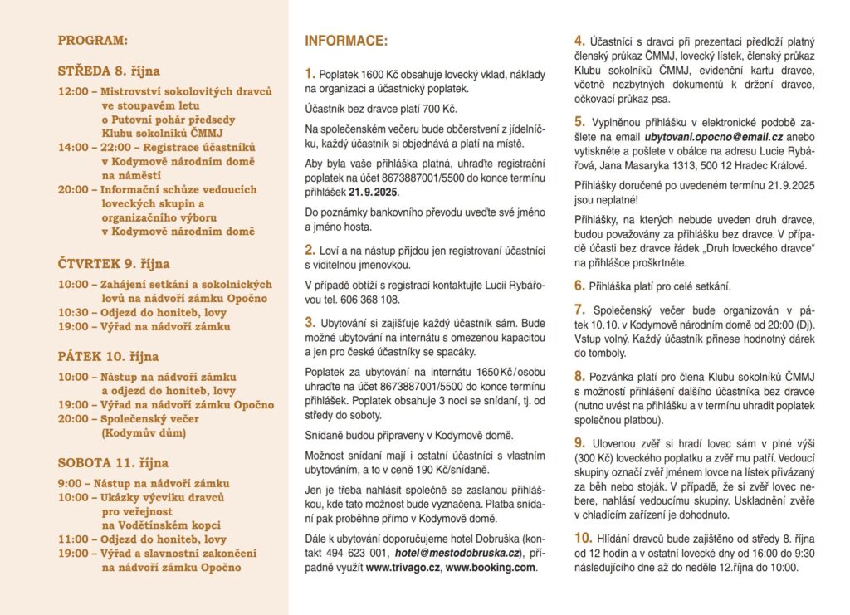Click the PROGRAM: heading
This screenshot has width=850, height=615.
point(93,39)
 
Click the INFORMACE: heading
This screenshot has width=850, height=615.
point(346,40)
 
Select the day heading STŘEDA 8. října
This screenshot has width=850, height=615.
point(109,71)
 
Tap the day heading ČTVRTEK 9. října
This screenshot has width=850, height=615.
point(114,264)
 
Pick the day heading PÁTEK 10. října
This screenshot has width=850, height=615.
point(108,357)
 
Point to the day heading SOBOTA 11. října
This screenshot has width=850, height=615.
point(113,462)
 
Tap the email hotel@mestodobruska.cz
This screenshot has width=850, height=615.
point(457,553)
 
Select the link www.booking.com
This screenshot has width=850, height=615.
point(491,568)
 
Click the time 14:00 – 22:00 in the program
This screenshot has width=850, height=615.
point(93,147)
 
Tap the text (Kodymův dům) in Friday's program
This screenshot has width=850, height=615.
point(139,433)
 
